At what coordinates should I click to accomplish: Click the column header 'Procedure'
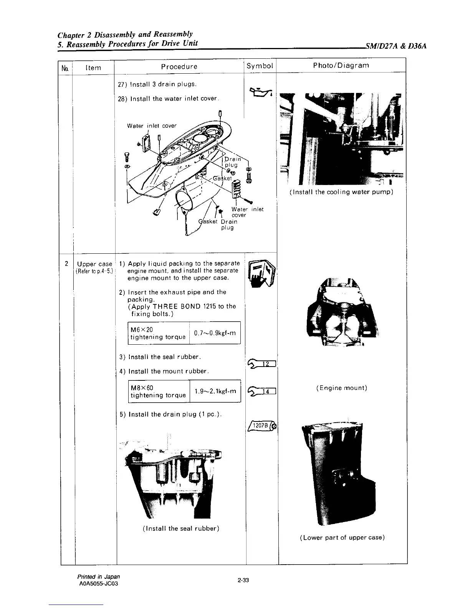(x=179, y=66)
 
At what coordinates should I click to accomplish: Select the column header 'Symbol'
(x=260, y=66)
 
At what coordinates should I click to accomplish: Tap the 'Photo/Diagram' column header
(x=341, y=65)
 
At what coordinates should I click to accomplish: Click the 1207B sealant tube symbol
(x=263, y=426)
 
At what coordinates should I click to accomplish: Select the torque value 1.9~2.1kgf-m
(x=215, y=391)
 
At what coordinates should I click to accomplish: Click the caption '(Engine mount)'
(x=342, y=388)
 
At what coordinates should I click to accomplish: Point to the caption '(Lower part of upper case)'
(x=342, y=537)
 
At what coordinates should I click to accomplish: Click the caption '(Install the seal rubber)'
(x=180, y=528)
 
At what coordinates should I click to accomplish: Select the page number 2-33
(x=243, y=580)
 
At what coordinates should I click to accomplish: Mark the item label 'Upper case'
(x=94, y=264)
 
